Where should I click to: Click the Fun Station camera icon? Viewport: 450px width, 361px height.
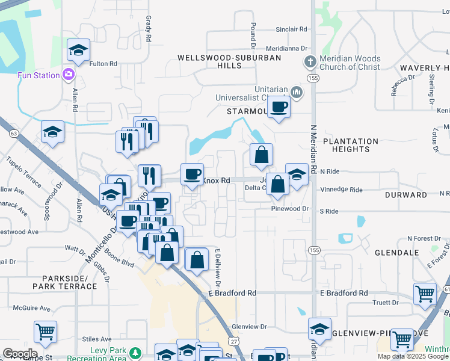click(x=68, y=75)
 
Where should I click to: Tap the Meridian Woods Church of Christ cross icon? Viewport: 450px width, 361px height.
click(x=309, y=62)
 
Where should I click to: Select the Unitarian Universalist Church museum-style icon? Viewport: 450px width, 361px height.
click(x=295, y=92)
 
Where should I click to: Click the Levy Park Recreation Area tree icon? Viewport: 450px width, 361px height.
click(x=137, y=352)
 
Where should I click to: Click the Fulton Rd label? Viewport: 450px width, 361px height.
click(x=102, y=64)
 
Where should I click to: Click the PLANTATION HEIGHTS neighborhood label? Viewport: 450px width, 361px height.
click(x=351, y=145)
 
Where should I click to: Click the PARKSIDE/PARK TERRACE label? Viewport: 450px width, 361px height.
click(x=69, y=282)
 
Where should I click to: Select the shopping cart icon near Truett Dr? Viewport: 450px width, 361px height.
click(x=425, y=293)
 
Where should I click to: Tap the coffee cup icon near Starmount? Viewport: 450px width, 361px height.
click(x=279, y=107)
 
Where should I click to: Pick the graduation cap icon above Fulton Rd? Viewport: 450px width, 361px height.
click(x=78, y=51)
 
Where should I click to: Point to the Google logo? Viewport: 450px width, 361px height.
click(x=20, y=353)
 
